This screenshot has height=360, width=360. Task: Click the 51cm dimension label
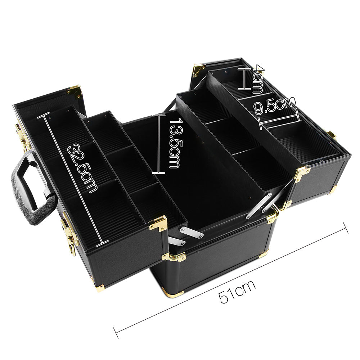click(x=238, y=291)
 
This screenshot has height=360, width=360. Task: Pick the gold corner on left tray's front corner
click(x=158, y=223)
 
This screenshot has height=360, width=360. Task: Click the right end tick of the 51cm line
click(x=346, y=228)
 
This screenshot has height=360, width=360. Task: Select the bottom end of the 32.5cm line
click(x=103, y=243)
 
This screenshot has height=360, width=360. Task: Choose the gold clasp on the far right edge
click(x=331, y=135)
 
